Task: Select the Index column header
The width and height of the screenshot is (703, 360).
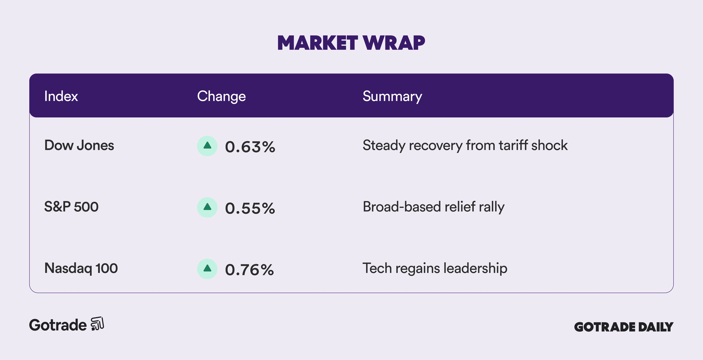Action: (x=61, y=96)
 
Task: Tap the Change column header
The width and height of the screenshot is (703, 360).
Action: (x=221, y=96)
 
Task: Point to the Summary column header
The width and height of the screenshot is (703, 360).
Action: (x=392, y=96)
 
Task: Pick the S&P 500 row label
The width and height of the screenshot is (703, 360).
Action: (x=71, y=207)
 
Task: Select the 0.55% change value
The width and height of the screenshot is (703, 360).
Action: (x=250, y=208)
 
